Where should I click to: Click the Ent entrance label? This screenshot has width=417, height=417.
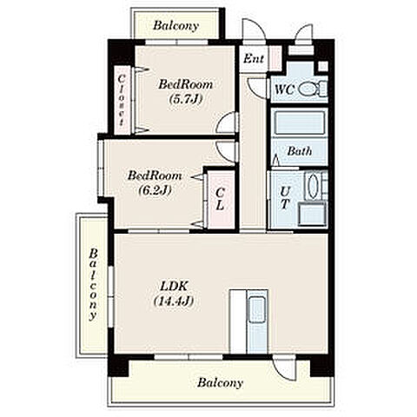pos(254,59)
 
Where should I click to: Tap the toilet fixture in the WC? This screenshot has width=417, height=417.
pos(313,89)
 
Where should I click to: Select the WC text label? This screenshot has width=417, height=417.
pos(284,89)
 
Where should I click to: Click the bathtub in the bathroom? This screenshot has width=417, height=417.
pos(299,122)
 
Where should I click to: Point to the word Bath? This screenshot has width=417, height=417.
pos(300,151)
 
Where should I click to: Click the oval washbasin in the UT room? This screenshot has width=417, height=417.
pos(313,185)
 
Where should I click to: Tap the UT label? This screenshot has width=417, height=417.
pos(285,198)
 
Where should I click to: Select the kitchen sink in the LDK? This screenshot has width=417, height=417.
pos(257,309)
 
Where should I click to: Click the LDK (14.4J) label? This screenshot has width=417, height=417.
pos(174,294)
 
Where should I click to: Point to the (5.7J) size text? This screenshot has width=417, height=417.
pos(185,99)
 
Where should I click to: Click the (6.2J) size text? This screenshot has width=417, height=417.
pos(155,190)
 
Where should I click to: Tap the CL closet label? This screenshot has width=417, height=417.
pos(221,199)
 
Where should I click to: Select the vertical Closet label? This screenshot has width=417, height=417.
pos(122,100)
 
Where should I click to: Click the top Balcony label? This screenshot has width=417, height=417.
pos(175,26)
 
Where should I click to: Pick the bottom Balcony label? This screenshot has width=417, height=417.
pos(220,383)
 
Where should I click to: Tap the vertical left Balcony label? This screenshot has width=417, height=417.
pos(93,284)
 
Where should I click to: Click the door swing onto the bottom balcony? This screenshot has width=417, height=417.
pos(284,368)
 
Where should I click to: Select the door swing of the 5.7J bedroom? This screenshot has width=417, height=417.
pos(228,122)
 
